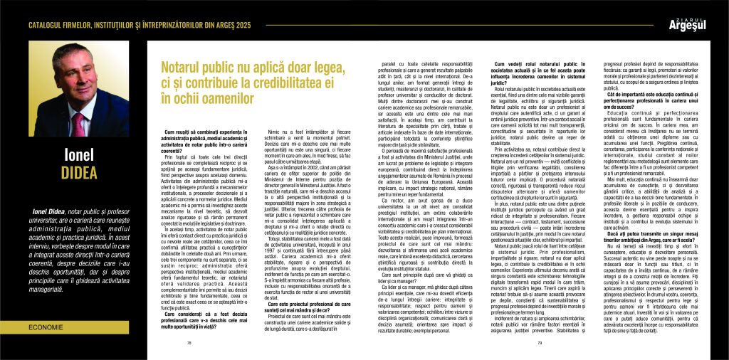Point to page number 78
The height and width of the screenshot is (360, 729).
click(x=189, y=343)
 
